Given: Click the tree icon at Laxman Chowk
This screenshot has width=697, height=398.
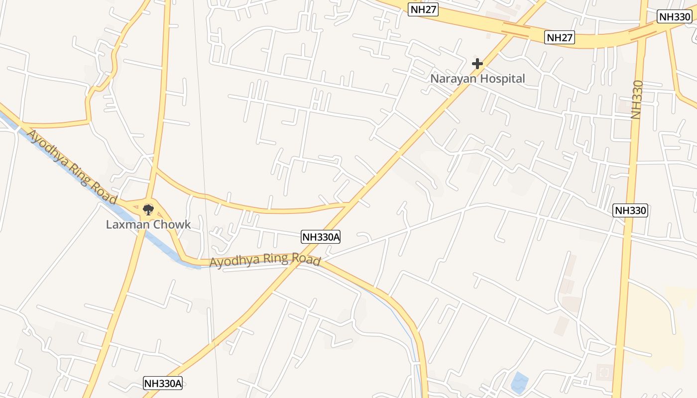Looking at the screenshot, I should [148, 209].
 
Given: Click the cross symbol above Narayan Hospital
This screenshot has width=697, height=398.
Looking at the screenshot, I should [477, 64].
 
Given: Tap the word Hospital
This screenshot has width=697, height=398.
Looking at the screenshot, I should [502, 79].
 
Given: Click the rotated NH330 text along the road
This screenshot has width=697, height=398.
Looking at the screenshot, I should [637, 99].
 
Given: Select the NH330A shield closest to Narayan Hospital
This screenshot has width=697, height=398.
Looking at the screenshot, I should [321, 237].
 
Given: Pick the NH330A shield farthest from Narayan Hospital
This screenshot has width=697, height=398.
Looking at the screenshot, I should [163, 383].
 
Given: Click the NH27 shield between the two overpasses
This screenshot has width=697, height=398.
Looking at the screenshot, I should [560, 37].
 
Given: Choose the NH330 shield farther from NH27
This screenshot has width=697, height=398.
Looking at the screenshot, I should [630, 210].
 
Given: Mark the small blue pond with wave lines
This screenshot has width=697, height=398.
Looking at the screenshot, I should [519, 382].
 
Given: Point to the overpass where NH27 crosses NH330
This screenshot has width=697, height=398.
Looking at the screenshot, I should [642, 33].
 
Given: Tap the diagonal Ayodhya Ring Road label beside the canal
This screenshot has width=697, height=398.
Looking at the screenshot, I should [72, 167].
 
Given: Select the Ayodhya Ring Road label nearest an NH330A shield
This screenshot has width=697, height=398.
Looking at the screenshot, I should [264, 260].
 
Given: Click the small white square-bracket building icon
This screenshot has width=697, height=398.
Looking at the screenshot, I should [605, 372].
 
